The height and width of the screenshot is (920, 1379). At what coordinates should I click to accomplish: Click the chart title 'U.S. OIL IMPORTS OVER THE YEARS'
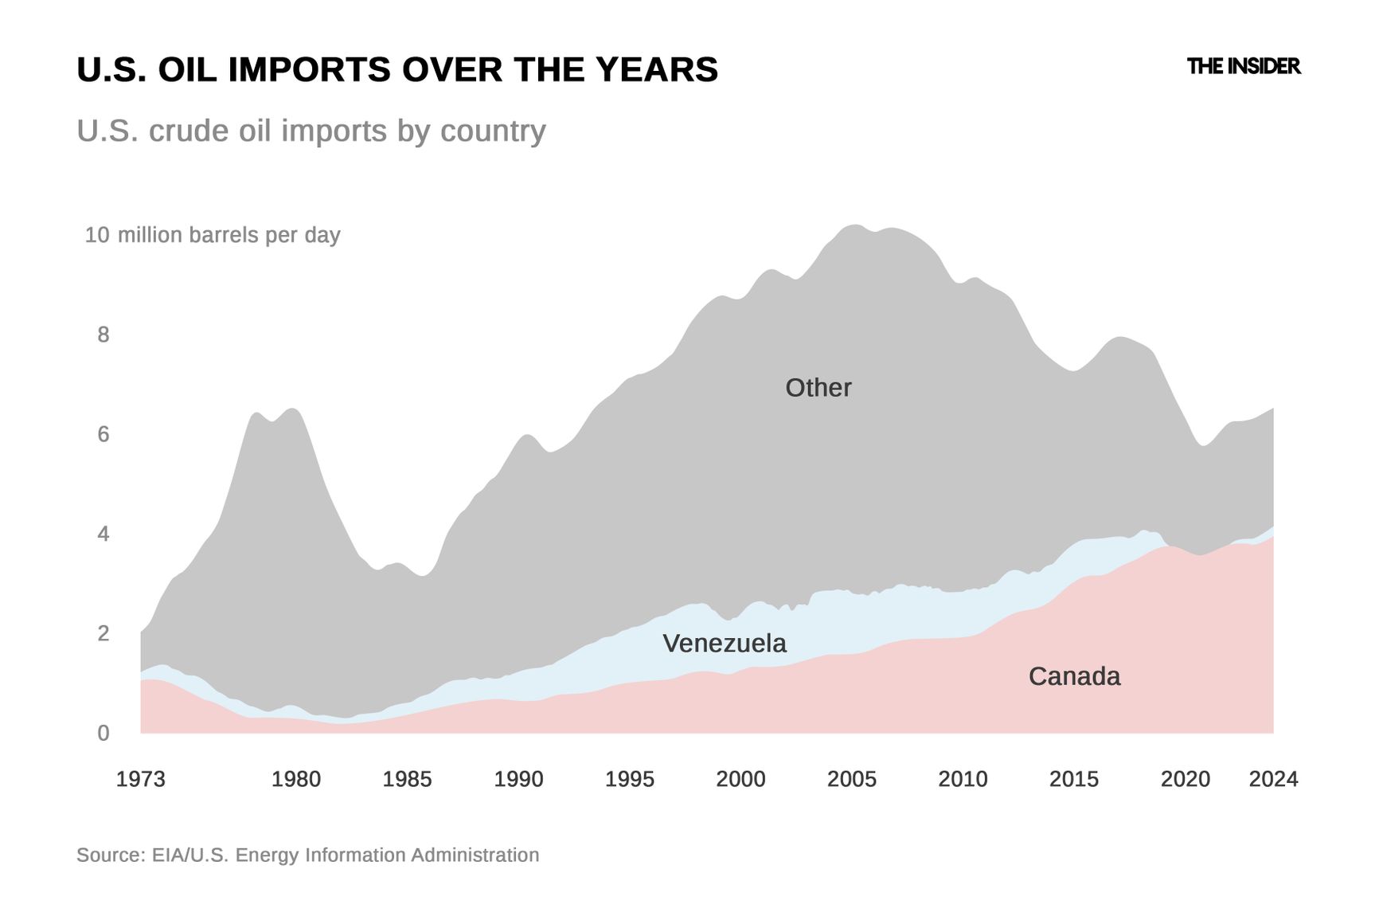coord(397,70)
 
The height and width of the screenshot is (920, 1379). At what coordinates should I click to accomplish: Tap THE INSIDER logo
coord(1243,66)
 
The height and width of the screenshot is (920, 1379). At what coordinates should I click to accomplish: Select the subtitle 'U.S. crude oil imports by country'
coord(311,131)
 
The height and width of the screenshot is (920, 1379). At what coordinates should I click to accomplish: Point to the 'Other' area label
coord(818,388)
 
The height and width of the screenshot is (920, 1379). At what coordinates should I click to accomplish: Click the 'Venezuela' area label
coord(724,644)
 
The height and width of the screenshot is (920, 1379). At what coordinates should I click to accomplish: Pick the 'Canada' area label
coord(1074,676)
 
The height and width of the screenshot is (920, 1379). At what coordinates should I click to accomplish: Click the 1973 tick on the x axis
coord(141,779)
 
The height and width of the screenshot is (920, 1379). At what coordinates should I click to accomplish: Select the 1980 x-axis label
coord(296,779)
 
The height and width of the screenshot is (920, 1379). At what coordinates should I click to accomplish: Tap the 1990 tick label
coord(518,779)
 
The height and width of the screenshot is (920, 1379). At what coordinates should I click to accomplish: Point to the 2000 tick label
coord(740,779)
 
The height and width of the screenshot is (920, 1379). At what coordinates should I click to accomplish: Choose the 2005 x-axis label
coord(851,779)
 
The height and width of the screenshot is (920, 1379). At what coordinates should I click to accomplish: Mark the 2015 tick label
coord(1073,779)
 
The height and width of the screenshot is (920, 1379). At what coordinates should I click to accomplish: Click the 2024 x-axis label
coord(1273,779)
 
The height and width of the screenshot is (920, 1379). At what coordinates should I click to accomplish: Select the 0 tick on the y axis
coord(104,734)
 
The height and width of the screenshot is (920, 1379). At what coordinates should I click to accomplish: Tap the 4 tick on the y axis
coord(104,534)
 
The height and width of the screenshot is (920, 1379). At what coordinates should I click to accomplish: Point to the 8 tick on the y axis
coord(104,335)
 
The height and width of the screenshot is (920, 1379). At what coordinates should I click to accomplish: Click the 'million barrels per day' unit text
coord(229,235)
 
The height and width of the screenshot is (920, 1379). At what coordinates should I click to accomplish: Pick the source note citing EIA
coord(307,855)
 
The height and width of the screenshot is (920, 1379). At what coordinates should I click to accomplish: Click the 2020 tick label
coord(1185,779)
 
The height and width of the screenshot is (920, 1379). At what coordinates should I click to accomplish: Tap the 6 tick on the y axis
coord(104,434)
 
